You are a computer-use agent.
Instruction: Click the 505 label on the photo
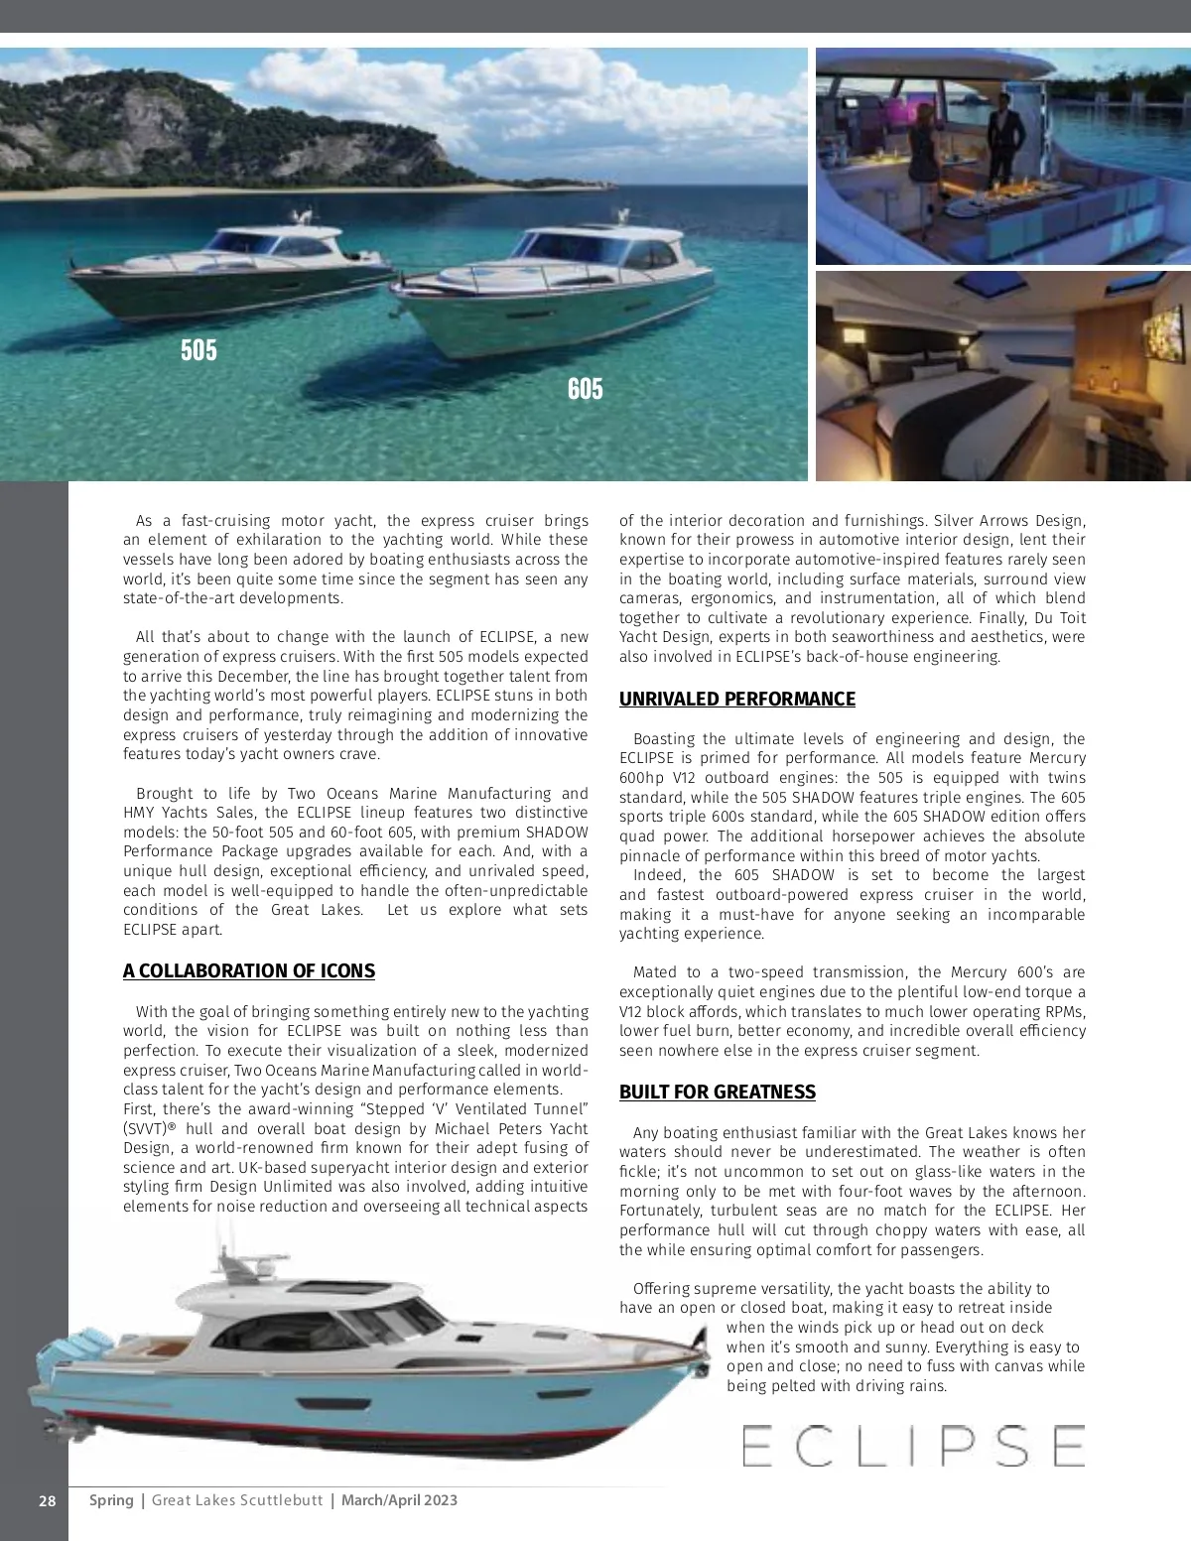198,350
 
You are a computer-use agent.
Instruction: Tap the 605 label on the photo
585,389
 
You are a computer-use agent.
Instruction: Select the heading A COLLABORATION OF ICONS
249,970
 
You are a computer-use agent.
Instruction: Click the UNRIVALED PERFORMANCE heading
737,699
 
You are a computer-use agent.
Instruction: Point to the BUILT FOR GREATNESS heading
718,1092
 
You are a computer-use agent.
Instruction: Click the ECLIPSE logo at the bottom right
913,1446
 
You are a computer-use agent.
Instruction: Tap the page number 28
47,1500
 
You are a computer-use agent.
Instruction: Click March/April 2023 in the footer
399,1500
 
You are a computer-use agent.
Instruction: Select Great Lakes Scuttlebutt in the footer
237,1500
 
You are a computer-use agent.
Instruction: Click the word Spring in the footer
111,1500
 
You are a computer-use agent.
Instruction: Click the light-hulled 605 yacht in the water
556,293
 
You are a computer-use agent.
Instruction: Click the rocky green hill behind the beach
198,129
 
